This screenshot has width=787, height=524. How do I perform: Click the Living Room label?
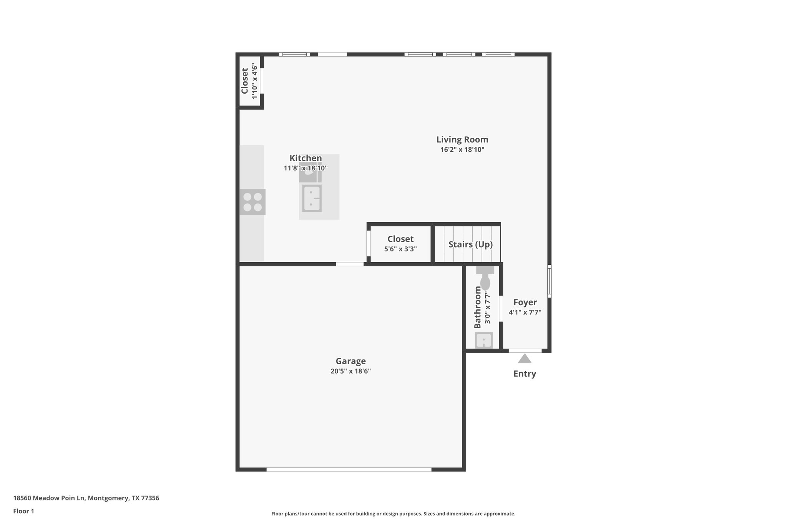pos(462,140)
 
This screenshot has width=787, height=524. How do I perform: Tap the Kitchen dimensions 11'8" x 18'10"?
pos(306,168)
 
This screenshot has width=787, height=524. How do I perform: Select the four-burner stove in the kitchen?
pos(252,202)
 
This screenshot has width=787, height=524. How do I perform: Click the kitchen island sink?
pos(312,198)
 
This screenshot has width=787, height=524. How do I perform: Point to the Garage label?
pos(350,361)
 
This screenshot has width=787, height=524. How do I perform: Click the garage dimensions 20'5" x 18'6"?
pos(350,371)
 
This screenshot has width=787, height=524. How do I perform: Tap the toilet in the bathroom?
pos(485,279)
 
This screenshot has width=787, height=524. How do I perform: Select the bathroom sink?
pos(483,340)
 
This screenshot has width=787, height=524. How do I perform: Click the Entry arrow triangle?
pos(525,359)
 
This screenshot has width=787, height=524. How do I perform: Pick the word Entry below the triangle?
pos(525,374)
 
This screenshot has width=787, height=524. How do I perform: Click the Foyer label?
pos(525,302)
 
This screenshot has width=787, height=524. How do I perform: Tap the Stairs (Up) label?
pos(470,245)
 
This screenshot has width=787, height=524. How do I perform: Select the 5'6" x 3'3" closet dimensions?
pos(400,249)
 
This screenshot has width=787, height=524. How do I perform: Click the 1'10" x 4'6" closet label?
pos(254,81)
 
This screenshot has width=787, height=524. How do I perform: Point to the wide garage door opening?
pos(349,469)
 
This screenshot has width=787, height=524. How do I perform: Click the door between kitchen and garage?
pos(350,264)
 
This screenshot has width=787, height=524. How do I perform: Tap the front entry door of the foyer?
pos(525,350)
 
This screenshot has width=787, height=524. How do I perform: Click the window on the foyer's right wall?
pos(549,281)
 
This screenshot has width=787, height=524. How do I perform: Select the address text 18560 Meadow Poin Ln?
pos(86,498)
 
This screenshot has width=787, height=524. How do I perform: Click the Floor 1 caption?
pos(23,511)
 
